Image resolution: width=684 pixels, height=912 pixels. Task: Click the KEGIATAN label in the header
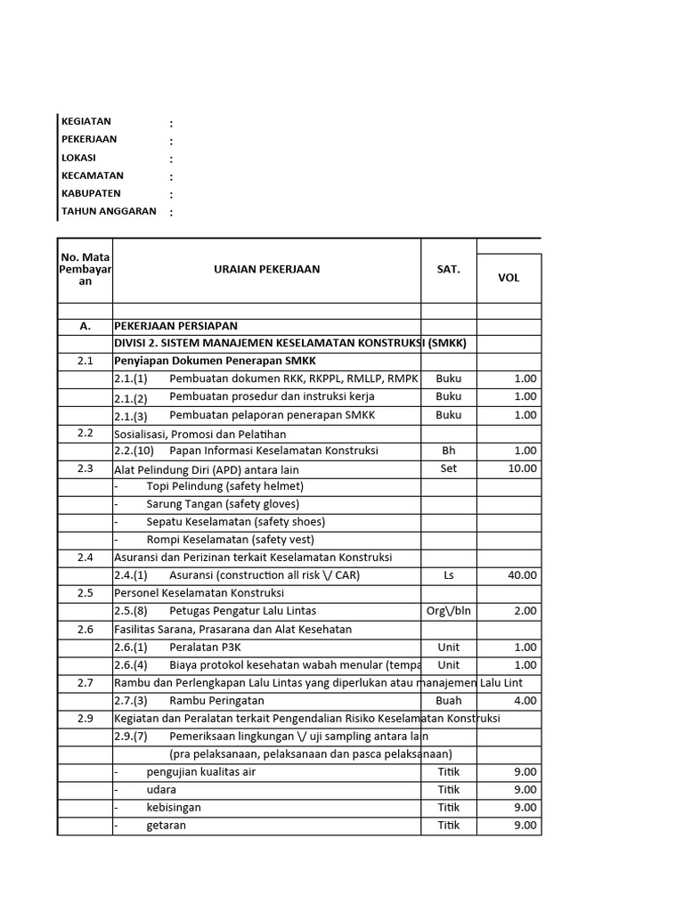(x=85, y=122)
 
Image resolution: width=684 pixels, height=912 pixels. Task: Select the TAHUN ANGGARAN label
(x=109, y=212)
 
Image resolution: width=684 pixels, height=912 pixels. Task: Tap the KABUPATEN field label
(x=91, y=193)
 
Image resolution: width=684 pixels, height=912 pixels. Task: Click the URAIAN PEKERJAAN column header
(x=266, y=269)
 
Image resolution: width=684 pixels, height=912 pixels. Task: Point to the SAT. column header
(x=448, y=269)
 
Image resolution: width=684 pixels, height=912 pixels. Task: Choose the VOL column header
(x=509, y=278)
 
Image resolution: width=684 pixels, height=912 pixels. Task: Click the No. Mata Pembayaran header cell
(x=85, y=269)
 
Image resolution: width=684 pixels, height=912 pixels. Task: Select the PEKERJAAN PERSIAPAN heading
(x=175, y=326)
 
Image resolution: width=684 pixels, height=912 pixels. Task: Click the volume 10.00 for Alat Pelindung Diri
(x=522, y=468)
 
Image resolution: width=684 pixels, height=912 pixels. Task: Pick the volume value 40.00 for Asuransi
(x=522, y=575)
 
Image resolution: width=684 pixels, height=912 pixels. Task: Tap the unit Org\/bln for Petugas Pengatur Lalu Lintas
(x=448, y=611)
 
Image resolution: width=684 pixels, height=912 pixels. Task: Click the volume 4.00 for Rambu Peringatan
(x=525, y=701)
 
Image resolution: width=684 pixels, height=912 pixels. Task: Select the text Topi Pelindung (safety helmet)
(x=224, y=486)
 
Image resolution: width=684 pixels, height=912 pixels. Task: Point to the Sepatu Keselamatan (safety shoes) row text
(x=235, y=522)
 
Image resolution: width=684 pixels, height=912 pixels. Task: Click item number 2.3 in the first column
(x=85, y=468)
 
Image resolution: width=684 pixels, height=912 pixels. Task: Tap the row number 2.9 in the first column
(x=85, y=718)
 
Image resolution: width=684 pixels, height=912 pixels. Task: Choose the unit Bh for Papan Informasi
(x=448, y=451)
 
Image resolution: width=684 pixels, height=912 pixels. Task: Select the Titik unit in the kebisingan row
(x=448, y=808)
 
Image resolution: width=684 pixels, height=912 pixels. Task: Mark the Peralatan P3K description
(x=205, y=647)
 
